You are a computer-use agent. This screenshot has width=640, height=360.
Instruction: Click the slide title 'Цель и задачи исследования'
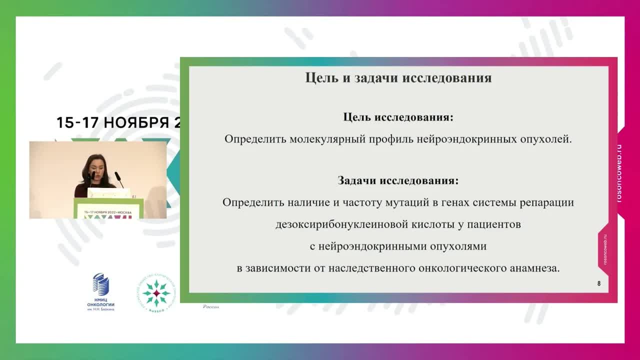pos(398,78)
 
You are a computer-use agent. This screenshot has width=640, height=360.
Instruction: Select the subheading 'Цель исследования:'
pos(398,117)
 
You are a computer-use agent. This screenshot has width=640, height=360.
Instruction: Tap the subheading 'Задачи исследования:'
pos(398,180)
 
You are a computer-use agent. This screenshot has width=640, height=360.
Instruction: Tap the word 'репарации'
pos(547,203)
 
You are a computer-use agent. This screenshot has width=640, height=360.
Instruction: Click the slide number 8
pos(599,284)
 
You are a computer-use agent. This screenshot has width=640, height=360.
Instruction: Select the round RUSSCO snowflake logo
pos(156,293)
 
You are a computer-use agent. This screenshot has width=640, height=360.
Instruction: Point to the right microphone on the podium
pos(119,179)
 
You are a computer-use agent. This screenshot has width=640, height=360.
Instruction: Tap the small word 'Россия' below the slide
pos(211,307)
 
